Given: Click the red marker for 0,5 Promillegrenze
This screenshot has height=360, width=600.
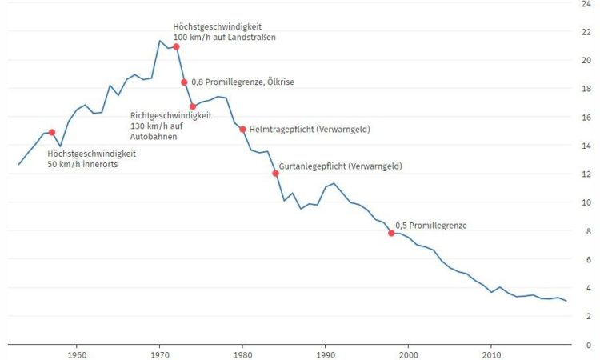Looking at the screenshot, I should (x=391, y=233).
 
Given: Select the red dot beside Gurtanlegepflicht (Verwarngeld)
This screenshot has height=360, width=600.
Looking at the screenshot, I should (x=275, y=174).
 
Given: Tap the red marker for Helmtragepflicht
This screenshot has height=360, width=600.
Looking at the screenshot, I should (x=242, y=129).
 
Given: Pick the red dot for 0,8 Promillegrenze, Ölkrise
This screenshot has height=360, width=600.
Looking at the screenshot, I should (x=184, y=82).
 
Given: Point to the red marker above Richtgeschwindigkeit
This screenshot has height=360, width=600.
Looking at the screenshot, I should (x=193, y=106).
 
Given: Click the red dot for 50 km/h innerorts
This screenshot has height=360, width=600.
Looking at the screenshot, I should (x=52, y=133).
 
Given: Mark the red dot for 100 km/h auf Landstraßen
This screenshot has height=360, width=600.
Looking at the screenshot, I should (x=176, y=47).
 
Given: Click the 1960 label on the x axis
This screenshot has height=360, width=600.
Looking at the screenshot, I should (x=77, y=354).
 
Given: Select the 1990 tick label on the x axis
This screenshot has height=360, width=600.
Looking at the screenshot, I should (x=326, y=354).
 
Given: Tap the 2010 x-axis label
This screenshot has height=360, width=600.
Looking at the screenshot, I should (x=491, y=354).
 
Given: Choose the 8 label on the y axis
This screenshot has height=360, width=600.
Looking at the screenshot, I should (x=589, y=231).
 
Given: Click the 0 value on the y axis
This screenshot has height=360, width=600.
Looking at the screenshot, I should (x=589, y=345).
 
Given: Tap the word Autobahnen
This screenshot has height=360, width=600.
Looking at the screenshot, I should (x=154, y=137).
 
